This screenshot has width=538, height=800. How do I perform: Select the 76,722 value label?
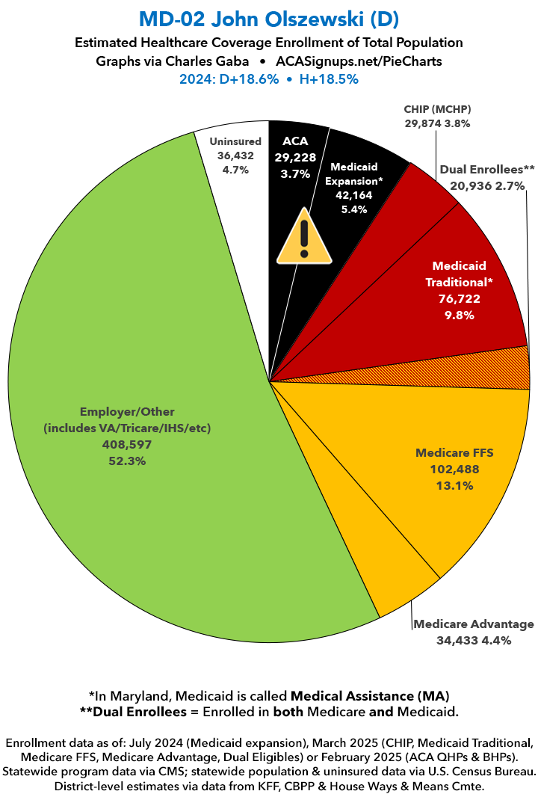[x=459, y=298]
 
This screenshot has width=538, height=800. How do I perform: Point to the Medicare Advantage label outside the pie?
[x=474, y=624]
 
